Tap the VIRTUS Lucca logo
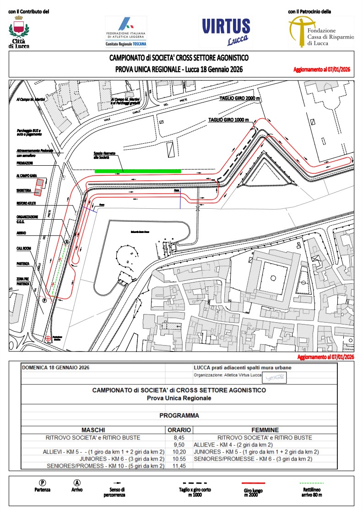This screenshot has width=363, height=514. tap(226, 31)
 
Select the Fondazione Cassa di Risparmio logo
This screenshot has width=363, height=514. tap(320, 31)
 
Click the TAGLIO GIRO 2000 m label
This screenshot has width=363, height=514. tap(239, 99)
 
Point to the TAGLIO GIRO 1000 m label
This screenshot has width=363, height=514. tap(228, 119)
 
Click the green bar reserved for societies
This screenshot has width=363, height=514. tap(137, 171)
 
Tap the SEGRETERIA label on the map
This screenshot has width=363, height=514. tap(24, 190)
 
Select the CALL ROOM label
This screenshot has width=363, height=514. tap(23, 249)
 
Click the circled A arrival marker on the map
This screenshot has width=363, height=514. tap(67, 242)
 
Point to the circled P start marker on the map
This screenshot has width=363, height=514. tap(44, 301)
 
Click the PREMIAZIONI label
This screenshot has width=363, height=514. tap(25, 163)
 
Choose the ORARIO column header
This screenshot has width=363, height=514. tap(179, 430)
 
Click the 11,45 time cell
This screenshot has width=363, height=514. tap(179, 465)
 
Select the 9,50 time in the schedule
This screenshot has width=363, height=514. tap(179, 444)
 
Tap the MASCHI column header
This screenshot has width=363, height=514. tap(93, 430)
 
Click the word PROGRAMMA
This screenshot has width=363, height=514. tap(179, 416)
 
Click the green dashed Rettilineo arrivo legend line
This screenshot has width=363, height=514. tap(312, 483)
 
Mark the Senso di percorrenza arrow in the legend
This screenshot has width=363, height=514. tap(117, 483)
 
